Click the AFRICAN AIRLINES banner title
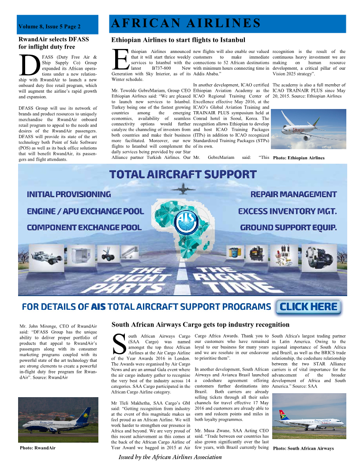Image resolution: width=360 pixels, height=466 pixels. click(x=185, y=23)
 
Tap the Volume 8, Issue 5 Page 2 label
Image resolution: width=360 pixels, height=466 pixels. click(x=49, y=27)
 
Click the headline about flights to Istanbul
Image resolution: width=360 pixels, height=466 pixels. click(x=178, y=40)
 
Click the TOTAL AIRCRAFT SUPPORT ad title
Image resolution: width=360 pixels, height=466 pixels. click(x=183, y=174)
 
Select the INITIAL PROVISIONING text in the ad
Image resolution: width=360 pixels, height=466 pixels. click(x=69, y=194)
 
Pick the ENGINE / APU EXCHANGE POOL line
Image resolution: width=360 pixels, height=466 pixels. click(x=85, y=211)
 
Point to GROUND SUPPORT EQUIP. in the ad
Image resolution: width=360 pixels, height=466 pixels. click(x=288, y=228)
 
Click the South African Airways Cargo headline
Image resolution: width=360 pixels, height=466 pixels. click(x=200, y=325)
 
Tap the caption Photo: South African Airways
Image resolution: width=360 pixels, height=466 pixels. click(x=303, y=448)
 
